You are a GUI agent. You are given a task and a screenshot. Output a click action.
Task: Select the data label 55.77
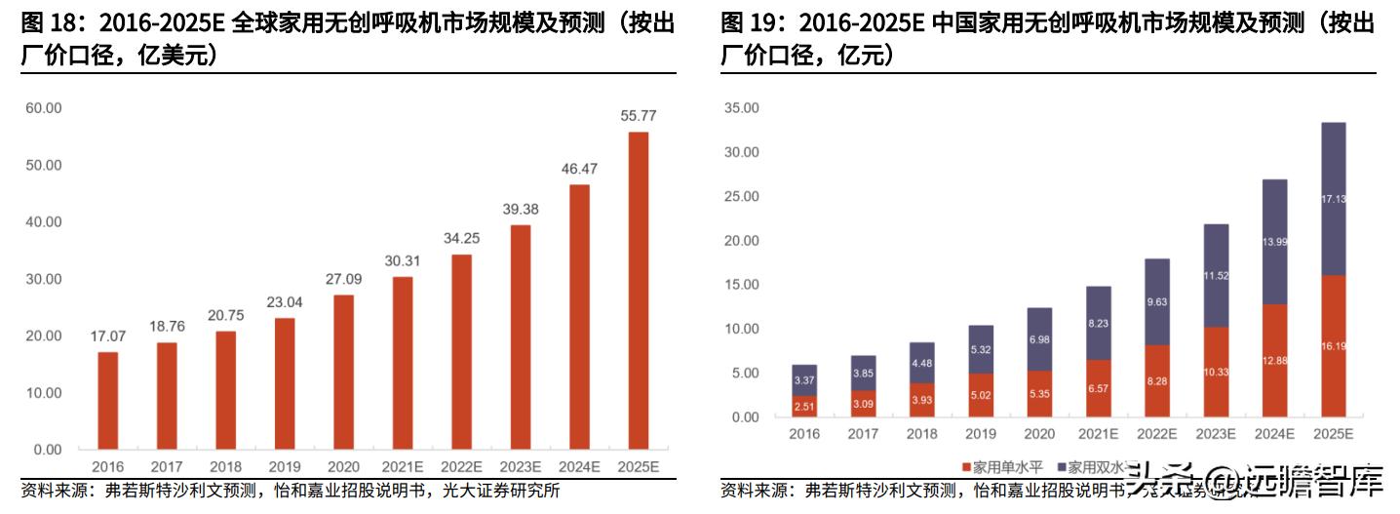pyautogui.click(x=638, y=116)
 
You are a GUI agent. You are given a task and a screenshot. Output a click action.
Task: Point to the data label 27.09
pyautogui.click(x=343, y=279)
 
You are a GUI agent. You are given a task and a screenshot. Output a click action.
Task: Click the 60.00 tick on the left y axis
pyautogui.click(x=44, y=108)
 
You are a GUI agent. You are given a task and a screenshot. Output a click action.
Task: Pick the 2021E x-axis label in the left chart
pyautogui.click(x=403, y=467)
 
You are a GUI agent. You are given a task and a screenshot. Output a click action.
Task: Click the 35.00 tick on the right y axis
pyautogui.click(x=741, y=108)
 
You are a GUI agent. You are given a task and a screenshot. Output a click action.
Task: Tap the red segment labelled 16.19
pyautogui.click(x=1331, y=346)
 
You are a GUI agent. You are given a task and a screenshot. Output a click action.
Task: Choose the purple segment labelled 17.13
pyautogui.click(x=1331, y=199)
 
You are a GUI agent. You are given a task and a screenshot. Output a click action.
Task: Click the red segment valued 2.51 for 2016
pyautogui.click(x=804, y=406)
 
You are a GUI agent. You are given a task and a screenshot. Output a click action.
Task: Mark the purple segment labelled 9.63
pyautogui.click(x=1155, y=301)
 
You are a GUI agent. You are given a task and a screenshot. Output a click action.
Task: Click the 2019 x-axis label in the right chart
pyautogui.click(x=980, y=434)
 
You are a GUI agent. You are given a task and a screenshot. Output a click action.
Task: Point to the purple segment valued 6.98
pyautogui.click(x=1038, y=338)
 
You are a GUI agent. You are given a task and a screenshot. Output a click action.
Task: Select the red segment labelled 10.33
pyautogui.click(x=1214, y=372)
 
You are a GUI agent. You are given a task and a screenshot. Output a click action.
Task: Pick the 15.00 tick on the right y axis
pyautogui.click(x=741, y=285)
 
